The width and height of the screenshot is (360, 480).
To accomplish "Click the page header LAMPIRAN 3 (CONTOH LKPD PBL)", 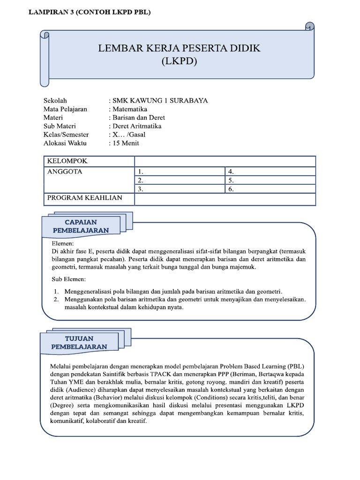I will point(90,13).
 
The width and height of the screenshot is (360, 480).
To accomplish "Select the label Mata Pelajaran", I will point(65,109).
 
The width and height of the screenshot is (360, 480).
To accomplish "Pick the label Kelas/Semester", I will point(66,135).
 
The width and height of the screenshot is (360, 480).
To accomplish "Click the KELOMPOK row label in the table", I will point(67,161).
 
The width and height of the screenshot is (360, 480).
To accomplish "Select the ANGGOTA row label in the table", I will point(65,172).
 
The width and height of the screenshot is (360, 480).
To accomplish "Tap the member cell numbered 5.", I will point(270,180).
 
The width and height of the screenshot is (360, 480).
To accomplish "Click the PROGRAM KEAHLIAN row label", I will point(85,198).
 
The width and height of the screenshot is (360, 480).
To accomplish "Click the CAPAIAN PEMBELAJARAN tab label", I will point(81,226).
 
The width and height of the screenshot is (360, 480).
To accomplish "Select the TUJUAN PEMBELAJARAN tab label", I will point(80,342).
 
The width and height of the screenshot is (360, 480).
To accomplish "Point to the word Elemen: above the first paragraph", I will point(62,244).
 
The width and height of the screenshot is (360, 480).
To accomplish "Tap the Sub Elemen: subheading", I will point(69,280).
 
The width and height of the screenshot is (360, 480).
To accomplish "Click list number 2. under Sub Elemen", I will point(56,299).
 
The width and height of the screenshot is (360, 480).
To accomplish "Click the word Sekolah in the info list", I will point(55,101).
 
